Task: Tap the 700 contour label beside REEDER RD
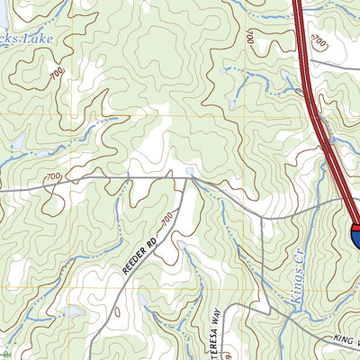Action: (x=167, y=219)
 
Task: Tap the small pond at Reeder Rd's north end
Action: (x=189, y=170)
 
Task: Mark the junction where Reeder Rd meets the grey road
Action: (x=188, y=179)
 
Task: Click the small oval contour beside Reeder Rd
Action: (x=116, y=312)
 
